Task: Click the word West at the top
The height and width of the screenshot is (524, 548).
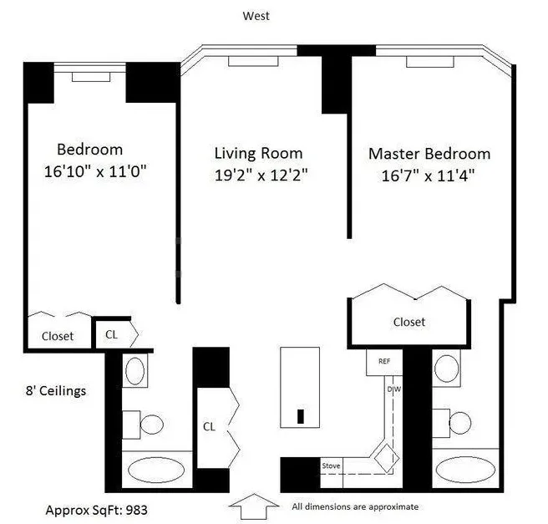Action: [256, 15]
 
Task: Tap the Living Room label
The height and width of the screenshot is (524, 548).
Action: [258, 154]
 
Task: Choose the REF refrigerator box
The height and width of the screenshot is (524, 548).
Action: [384, 362]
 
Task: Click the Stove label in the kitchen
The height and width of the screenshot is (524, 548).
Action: [332, 465]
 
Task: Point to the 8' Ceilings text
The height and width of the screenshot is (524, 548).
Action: [54, 390]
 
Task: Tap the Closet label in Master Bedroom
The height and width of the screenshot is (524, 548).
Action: [409, 322]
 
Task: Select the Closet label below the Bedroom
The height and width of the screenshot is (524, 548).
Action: [58, 336]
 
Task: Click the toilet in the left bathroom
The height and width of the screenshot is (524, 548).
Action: [145, 424]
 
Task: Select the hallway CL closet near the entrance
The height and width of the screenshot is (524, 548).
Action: [210, 425]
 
